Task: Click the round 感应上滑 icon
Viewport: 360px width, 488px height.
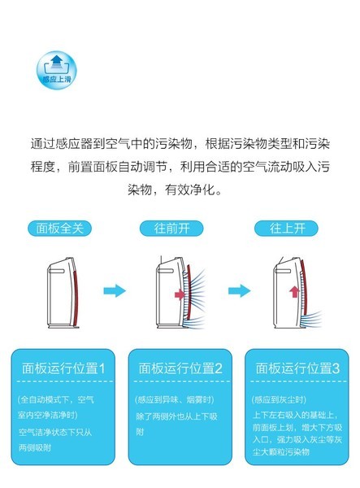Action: click(x=57, y=70)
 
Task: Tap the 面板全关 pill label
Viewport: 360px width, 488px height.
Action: click(x=59, y=229)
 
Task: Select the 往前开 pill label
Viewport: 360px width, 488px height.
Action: click(x=171, y=229)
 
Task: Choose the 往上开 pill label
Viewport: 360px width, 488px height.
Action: click(x=286, y=229)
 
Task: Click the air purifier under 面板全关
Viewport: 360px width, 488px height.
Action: click(x=63, y=293)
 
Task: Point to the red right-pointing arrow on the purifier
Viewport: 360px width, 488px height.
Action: click(x=180, y=294)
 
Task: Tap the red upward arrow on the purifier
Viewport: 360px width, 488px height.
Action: click(x=294, y=292)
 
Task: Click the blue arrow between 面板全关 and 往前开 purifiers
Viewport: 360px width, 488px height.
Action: click(x=115, y=290)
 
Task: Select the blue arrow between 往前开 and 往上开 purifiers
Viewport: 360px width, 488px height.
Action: click(x=240, y=290)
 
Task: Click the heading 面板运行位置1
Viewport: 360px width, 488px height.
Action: click(x=63, y=368)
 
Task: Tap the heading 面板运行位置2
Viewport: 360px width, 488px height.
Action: click(x=180, y=368)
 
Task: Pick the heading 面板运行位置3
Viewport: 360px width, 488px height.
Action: click(x=297, y=368)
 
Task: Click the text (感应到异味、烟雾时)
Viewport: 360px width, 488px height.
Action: click(x=175, y=399)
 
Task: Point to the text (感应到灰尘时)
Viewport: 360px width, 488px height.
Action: click(x=279, y=399)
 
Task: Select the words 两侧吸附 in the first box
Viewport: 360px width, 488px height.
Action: click(x=35, y=447)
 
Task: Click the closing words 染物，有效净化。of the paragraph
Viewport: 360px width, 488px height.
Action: click(x=175, y=190)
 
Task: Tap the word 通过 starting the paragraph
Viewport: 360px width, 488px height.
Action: click(x=43, y=144)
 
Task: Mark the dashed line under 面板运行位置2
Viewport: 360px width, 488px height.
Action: click(x=182, y=381)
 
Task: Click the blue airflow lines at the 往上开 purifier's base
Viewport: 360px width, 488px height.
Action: click(x=312, y=319)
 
